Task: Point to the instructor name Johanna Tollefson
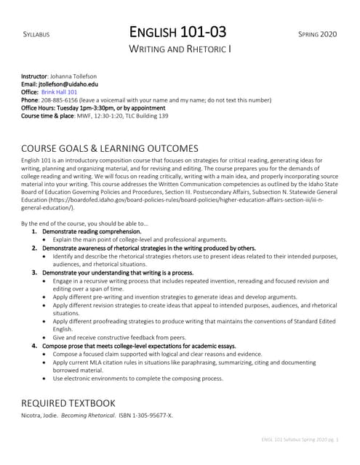click(79, 76)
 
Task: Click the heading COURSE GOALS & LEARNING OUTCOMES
click(110, 148)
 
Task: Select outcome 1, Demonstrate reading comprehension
click(92, 232)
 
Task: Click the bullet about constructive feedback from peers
click(121, 338)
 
